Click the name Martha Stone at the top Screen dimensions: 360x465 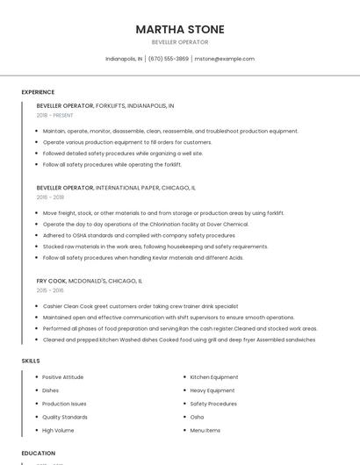[x=179, y=30]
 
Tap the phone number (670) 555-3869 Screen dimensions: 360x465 [x=169, y=59]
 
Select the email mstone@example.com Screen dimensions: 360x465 [x=224, y=59]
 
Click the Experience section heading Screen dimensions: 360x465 [x=38, y=92]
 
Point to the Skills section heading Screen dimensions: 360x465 [x=31, y=361]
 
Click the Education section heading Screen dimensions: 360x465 [x=38, y=453]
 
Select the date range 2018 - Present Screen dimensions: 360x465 [x=54, y=115]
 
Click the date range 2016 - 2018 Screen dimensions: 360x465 [x=50, y=197]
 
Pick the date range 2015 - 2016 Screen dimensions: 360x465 [x=50, y=290]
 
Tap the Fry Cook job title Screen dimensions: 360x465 [x=52, y=281]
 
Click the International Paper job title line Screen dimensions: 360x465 [x=116, y=188]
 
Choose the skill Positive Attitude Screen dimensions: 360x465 [x=62, y=377]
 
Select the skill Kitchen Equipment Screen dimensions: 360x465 [x=214, y=377]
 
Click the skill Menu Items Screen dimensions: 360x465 [x=205, y=431]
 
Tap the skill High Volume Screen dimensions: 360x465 [x=58, y=431]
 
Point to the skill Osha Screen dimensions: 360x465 [x=197, y=418]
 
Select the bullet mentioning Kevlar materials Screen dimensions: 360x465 [x=143, y=258]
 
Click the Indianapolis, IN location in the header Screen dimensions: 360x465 [x=124, y=59]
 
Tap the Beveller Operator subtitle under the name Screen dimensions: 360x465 [x=179, y=42]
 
